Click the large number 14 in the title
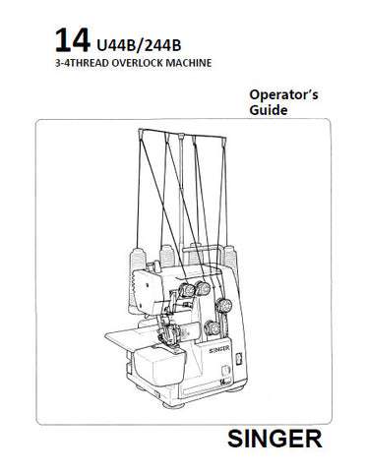tap(72, 40)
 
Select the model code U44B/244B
tap(139, 46)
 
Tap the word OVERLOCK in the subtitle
tap(138, 63)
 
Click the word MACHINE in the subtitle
tap(189, 63)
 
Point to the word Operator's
tap(283, 94)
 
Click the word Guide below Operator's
tap(269, 110)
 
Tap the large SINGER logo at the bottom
tap(274, 440)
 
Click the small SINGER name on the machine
tap(219, 349)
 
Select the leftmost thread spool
tap(138, 263)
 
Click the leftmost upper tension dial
tap(187, 290)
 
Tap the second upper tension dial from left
tap(204, 289)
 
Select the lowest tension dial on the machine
tap(213, 327)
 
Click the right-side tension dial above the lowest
tap(224, 306)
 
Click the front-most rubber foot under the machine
tap(173, 404)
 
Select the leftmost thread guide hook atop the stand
tap(141, 133)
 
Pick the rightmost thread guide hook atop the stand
tap(224, 142)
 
